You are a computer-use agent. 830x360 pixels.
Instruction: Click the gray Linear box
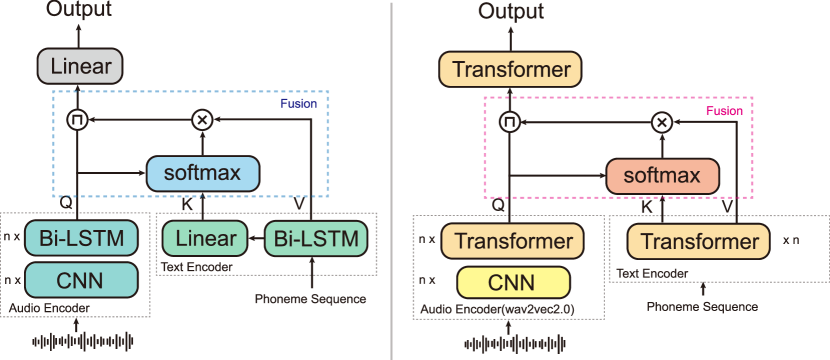coord(80,67)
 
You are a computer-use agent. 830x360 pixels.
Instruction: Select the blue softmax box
coord(202,173)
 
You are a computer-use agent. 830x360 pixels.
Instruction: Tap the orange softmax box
coord(662,177)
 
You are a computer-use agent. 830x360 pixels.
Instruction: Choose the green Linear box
coord(204,238)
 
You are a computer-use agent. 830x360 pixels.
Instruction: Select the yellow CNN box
coord(512,282)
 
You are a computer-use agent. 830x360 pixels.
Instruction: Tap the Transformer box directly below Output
coord(511,70)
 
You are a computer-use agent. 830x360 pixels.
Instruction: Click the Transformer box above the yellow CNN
coord(512,242)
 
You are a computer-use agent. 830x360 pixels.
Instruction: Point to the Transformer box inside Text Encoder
coord(698,242)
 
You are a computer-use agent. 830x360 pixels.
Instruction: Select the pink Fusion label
coord(724,111)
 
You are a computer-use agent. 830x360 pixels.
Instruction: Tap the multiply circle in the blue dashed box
coord(202,119)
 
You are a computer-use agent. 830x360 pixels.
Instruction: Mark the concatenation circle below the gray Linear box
coord(77,120)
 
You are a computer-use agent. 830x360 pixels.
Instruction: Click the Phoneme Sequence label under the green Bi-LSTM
coord(310,299)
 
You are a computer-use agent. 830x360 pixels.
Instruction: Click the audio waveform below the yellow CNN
coord(512,343)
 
